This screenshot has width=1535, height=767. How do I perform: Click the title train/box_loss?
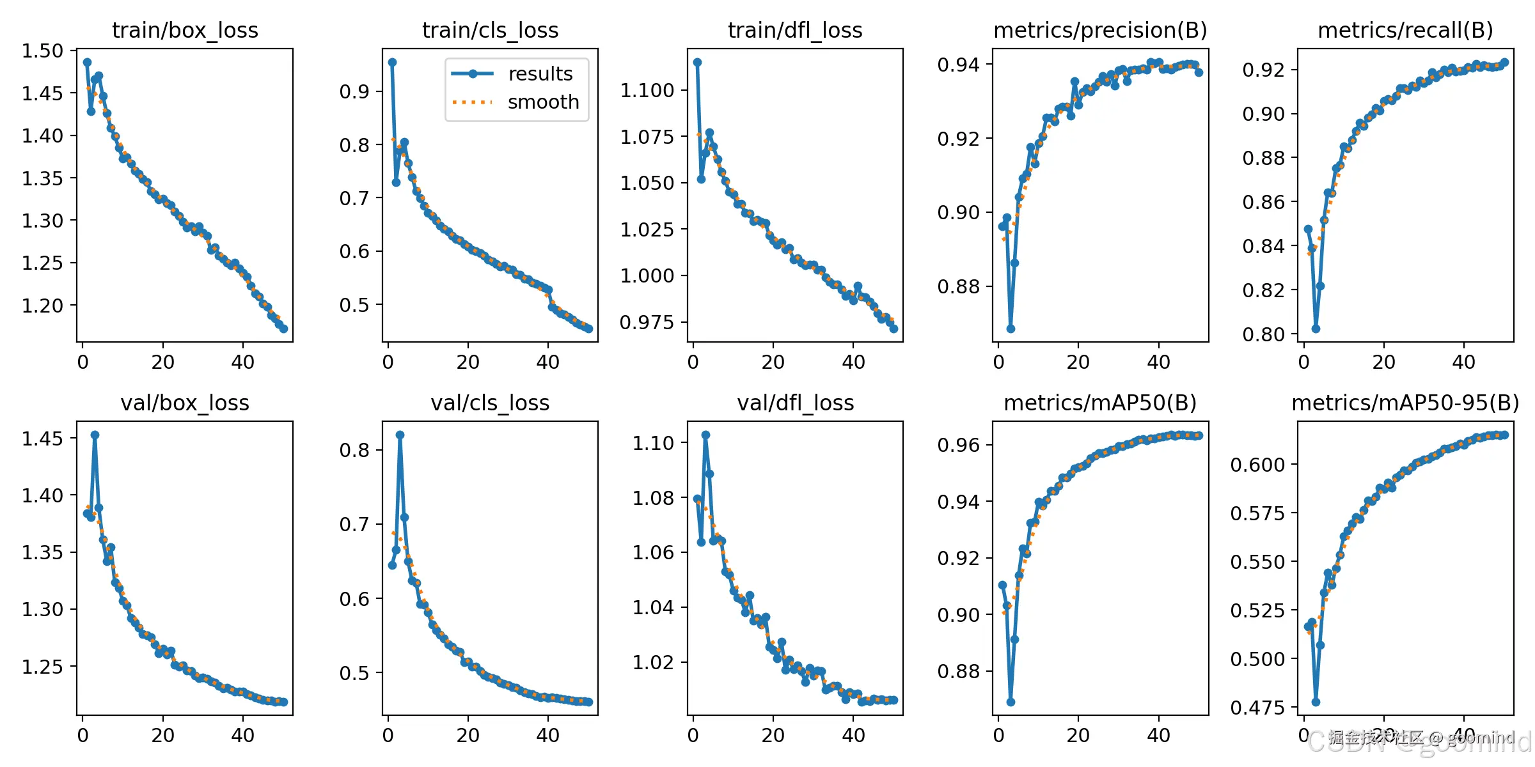click(185, 30)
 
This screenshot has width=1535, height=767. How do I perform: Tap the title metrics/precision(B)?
click(1100, 30)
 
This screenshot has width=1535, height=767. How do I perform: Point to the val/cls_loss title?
click(490, 403)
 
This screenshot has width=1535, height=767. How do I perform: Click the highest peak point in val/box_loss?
click(95, 435)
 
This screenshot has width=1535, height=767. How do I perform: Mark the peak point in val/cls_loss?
click(400, 435)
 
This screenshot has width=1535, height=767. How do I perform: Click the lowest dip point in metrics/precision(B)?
click(1011, 329)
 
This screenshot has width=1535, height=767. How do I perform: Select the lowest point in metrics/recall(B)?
click(1316, 329)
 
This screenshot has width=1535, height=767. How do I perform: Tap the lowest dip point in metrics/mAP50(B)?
click(1011, 702)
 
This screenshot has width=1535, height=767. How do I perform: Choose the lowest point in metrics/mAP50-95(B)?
click(1316, 702)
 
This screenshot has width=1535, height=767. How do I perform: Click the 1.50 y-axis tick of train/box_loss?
click(43, 51)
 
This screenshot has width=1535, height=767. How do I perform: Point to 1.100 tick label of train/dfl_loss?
click(647, 90)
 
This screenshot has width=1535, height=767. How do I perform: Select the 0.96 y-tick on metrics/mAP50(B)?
click(958, 445)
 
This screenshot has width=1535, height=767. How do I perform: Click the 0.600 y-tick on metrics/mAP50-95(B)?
click(1257, 465)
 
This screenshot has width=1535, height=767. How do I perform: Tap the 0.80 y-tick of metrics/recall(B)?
click(1263, 334)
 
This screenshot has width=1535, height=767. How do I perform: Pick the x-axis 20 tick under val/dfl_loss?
click(773, 735)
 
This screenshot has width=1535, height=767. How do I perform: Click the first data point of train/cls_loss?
click(392, 62)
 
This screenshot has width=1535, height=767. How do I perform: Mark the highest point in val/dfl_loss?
click(705, 435)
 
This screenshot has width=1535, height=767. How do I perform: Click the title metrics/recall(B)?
click(1405, 30)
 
